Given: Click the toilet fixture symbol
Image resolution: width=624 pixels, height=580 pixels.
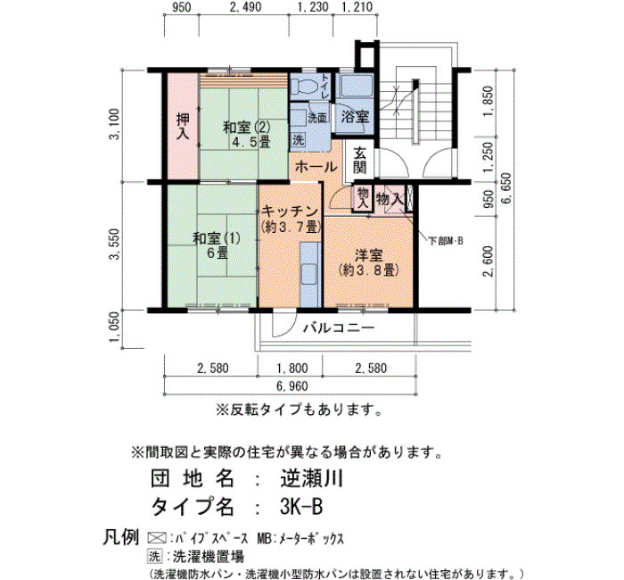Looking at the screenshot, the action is (x=304, y=86).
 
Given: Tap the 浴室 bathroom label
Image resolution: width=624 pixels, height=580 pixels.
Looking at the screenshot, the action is (x=356, y=117).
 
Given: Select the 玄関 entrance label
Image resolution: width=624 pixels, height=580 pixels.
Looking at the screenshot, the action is (x=360, y=160).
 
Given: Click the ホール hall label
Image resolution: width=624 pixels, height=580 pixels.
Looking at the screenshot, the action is (x=316, y=167).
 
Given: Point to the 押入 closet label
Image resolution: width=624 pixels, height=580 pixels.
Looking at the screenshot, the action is (x=183, y=127).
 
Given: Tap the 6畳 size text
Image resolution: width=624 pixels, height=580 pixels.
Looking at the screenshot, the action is (x=218, y=253).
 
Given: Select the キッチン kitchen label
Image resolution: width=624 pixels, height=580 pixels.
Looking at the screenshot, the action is (x=290, y=211).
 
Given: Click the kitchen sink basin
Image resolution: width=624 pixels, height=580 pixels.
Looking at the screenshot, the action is (x=308, y=274).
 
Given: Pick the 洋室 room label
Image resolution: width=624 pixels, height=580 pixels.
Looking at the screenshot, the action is (x=369, y=255).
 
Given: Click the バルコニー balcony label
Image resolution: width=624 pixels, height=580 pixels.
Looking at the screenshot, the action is (x=339, y=327).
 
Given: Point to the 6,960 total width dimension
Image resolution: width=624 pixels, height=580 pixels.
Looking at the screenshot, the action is (x=291, y=386).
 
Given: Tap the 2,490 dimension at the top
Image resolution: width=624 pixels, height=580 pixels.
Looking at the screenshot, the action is (x=245, y=7).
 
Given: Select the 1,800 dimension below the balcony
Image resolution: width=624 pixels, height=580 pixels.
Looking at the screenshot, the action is (x=291, y=368).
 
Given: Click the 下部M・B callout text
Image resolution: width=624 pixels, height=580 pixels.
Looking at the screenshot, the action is (x=446, y=241).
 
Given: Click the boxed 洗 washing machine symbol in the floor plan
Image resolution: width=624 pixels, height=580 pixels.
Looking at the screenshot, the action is (x=299, y=139).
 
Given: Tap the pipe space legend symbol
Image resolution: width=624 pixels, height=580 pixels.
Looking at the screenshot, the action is (x=156, y=538).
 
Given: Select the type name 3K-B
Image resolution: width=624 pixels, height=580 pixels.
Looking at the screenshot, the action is (x=301, y=507).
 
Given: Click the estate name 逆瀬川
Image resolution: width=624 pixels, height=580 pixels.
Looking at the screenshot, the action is (x=312, y=478).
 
